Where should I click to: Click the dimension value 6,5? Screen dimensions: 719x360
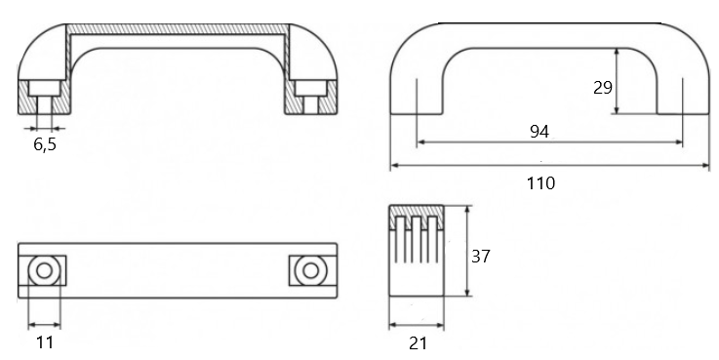(x=45, y=144)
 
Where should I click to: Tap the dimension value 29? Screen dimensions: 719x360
(x=603, y=87)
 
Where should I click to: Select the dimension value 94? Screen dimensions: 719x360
(x=539, y=132)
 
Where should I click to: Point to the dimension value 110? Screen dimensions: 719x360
(x=540, y=183)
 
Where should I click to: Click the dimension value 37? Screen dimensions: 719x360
(x=481, y=257)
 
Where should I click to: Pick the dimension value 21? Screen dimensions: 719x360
(x=418, y=343)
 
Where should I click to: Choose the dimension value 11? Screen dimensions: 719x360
(x=45, y=342)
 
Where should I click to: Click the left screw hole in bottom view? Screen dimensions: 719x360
(x=44, y=270)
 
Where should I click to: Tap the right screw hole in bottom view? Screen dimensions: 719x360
(x=310, y=270)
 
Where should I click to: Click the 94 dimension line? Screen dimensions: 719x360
(x=549, y=142)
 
